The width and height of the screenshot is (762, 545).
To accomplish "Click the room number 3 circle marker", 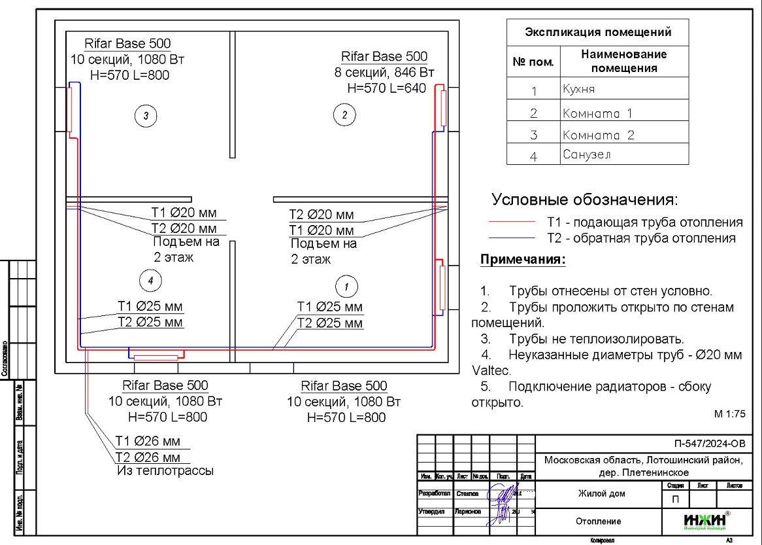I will [146, 116].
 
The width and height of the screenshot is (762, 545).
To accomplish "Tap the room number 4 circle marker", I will [150, 281].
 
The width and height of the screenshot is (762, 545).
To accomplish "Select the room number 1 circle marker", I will [346, 286].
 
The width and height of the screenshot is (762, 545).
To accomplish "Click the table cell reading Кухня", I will [624, 89].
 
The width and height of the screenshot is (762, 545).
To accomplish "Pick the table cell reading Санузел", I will [624, 155].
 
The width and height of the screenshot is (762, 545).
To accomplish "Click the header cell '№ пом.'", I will [533, 63].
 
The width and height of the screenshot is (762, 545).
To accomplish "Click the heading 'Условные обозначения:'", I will [585, 200].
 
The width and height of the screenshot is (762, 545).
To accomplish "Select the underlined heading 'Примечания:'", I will [523, 260].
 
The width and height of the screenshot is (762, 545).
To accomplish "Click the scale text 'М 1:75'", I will [730, 414].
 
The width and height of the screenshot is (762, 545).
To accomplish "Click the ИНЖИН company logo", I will [706, 521].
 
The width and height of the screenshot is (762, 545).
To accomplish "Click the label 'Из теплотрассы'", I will [165, 470].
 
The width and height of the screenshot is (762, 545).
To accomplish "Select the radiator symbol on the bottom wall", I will [156, 357].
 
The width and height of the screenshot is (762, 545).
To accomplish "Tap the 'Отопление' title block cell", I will [599, 521].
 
